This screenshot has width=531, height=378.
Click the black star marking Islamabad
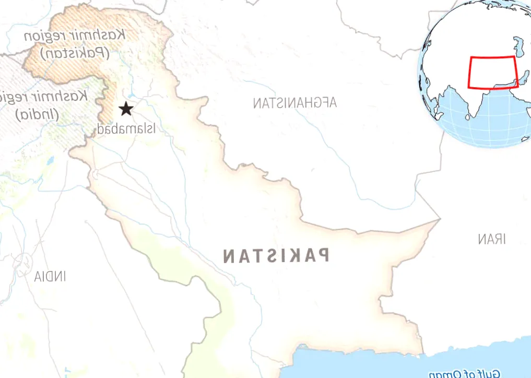125,109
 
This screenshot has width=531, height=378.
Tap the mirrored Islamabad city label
126,128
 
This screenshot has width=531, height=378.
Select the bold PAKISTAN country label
276,256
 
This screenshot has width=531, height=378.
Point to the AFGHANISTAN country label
295,103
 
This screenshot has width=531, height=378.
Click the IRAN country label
492,240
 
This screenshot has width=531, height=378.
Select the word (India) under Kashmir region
38,114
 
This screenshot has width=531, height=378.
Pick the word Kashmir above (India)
67,97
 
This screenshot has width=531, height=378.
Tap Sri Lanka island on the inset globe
468,117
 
